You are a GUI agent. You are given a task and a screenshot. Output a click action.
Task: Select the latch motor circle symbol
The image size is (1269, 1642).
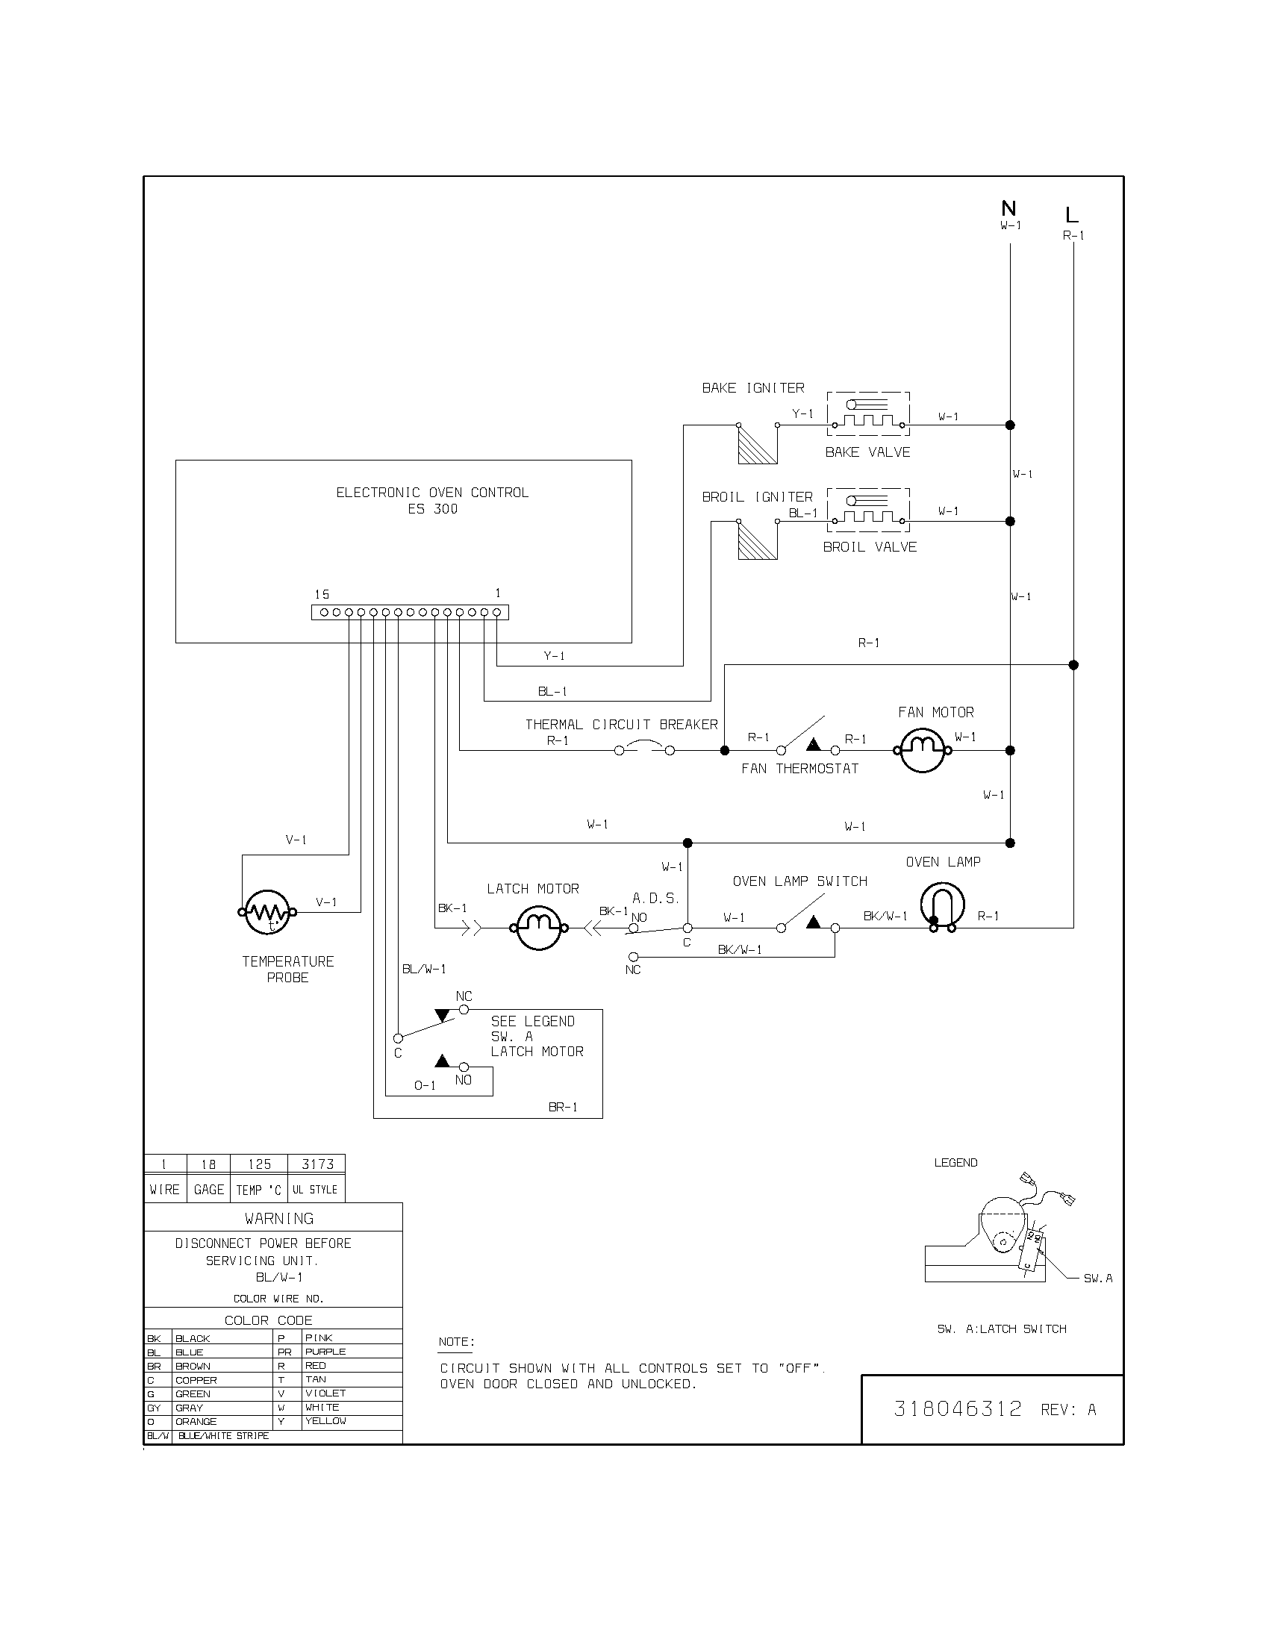tap(538, 928)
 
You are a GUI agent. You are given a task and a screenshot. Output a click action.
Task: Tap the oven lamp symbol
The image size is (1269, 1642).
tap(943, 905)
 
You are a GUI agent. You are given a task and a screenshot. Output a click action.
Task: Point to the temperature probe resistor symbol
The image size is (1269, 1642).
tap(268, 912)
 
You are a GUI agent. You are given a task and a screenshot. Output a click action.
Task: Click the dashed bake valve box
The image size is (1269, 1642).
tap(868, 413)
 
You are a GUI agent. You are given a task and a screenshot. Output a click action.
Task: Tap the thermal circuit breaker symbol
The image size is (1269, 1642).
tap(644, 749)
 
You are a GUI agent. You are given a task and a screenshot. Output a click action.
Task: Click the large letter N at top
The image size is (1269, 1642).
tap(1009, 208)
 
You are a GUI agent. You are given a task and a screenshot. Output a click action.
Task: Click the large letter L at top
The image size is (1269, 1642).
tap(1072, 215)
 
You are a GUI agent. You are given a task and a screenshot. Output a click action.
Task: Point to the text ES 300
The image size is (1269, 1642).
tap(432, 509)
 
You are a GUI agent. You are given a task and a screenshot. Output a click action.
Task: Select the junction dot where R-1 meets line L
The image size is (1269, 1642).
tap(1073, 664)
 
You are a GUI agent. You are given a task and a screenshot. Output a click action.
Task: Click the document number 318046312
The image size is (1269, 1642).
tap(958, 1409)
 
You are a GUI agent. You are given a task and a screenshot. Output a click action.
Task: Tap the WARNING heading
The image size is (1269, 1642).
tap(279, 1218)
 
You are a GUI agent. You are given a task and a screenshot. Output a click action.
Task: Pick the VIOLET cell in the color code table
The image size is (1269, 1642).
tap(325, 1393)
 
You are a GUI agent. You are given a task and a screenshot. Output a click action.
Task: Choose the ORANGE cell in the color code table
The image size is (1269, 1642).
tap(196, 1422)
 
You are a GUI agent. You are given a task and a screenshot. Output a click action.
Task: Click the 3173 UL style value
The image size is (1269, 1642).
tap(317, 1164)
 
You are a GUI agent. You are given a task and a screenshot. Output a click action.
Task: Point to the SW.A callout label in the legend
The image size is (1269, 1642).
tap(1097, 1278)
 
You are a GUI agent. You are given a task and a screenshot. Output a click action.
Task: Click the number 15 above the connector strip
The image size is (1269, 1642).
tap(322, 594)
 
